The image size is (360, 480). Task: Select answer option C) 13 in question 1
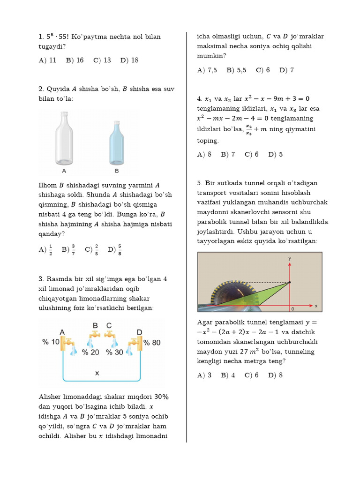tap(102, 60)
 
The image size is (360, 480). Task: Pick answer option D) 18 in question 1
tap(129, 60)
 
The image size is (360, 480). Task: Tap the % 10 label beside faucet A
tap(51, 342)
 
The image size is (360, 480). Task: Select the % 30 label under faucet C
tap(115, 352)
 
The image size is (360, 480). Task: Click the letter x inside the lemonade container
tap(97, 373)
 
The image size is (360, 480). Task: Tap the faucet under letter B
tap(95, 335)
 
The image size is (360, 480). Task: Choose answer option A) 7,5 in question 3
tap(207, 70)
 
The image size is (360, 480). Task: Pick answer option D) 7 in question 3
tap(286, 70)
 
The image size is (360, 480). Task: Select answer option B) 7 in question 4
tap(228, 154)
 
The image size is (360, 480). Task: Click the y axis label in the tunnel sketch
tap(290, 258)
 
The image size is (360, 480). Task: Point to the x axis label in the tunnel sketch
tap(316, 306)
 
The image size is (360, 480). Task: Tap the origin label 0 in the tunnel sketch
tap(292, 309)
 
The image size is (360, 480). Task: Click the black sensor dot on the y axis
tap(290, 282)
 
